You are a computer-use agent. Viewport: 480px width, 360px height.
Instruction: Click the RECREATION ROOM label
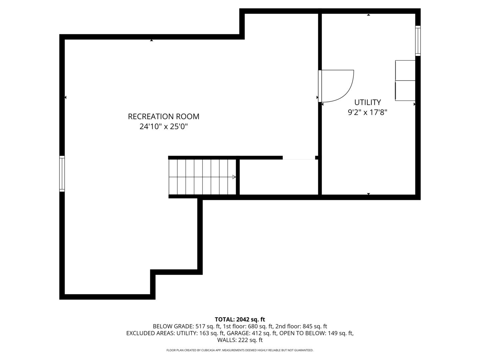(x=164, y=116)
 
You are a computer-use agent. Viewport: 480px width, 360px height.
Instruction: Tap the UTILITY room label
(x=367, y=102)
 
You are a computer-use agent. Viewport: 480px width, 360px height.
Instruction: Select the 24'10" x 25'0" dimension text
(x=164, y=127)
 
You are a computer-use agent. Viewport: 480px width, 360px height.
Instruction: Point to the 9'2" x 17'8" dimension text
(x=367, y=112)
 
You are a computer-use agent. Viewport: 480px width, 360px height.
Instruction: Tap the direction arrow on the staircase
(x=234, y=177)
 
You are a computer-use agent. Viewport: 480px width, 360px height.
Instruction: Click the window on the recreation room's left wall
(x=62, y=174)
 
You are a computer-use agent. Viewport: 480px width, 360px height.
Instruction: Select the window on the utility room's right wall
(x=418, y=41)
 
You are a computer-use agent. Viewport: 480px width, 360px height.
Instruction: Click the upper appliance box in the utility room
(x=405, y=70)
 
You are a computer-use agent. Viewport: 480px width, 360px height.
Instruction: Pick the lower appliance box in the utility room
(x=405, y=90)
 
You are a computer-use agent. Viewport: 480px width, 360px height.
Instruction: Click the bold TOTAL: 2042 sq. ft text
(x=240, y=320)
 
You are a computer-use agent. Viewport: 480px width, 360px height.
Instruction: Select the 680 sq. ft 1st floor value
(x=261, y=326)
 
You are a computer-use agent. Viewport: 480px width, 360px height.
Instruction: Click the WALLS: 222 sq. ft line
(x=240, y=340)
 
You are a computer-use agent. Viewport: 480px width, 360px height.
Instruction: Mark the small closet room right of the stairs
(x=279, y=177)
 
